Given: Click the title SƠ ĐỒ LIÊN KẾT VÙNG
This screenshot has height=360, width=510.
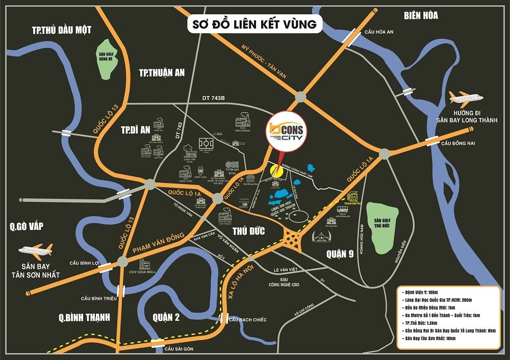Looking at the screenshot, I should pos(251,23).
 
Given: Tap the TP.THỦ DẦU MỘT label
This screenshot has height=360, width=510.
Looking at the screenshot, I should pos(62,30).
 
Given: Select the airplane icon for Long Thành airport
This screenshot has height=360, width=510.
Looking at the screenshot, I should pos(464,98).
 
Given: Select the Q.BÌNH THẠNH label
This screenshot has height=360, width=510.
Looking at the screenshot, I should pos(84,317).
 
